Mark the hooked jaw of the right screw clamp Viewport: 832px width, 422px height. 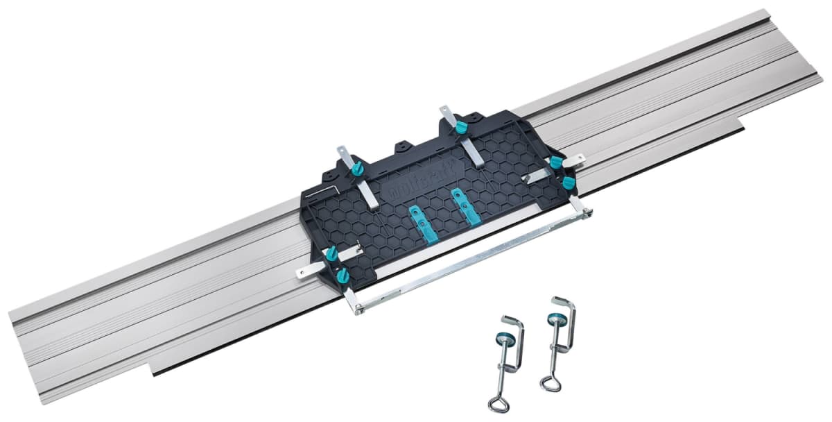point(565,305)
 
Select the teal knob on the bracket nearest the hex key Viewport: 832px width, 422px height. point(358,169)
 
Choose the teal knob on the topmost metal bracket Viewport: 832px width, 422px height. point(460,128)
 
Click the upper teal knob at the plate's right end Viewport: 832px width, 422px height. point(555,162)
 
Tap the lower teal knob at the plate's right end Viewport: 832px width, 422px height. point(569,183)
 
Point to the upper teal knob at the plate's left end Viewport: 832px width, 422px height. point(332,253)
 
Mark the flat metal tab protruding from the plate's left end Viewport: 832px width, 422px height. point(306,273)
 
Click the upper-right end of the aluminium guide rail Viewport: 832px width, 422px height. point(797,42)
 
